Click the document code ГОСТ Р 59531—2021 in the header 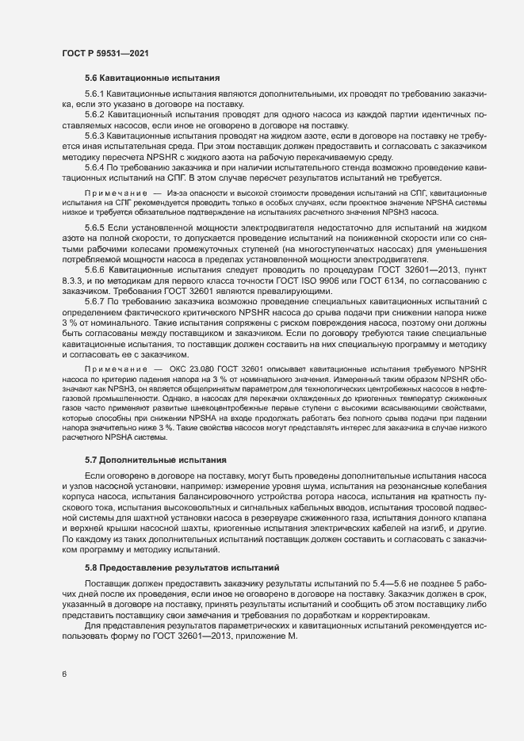point(103,52)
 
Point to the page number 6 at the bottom point(64,674)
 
